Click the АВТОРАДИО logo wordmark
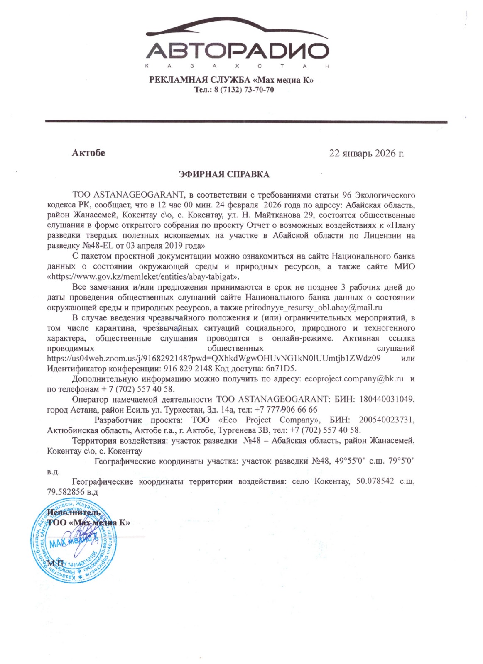point(237,51)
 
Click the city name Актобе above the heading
point(88,153)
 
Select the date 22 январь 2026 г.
point(366,154)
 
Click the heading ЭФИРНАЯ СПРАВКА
point(224,174)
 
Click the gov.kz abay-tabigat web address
point(143,276)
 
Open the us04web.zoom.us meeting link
point(214,358)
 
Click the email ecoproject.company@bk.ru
point(354,379)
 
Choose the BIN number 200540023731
point(386,420)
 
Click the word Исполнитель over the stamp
point(74,512)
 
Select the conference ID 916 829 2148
point(188,369)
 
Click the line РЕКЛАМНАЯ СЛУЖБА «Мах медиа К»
point(231,80)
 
